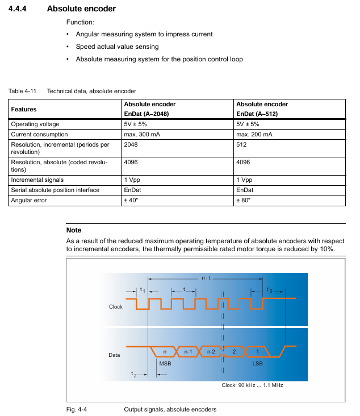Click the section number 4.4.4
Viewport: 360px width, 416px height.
pyautogui.click(x=21, y=9)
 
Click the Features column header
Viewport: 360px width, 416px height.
pyautogui.click(x=24, y=109)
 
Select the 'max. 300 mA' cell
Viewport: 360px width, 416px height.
pyautogui.click(x=142, y=135)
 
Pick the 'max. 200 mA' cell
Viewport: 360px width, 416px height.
pyautogui.click(x=254, y=135)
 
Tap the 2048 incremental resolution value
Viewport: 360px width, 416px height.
pyautogui.click(x=131, y=145)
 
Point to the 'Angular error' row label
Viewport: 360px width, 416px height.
pyautogui.click(x=30, y=200)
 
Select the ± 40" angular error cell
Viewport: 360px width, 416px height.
pyautogui.click(x=132, y=200)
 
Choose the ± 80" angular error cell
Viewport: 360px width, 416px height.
pyautogui.click(x=244, y=200)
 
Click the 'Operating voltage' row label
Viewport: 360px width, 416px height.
pyautogui.click(x=35, y=124)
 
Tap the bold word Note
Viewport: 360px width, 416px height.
pyautogui.click(x=74, y=230)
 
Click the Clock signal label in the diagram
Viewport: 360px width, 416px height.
pyautogui.click(x=116, y=307)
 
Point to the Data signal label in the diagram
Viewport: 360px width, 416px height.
pyautogui.click(x=114, y=355)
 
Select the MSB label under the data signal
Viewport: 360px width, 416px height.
pyautogui.click(x=165, y=363)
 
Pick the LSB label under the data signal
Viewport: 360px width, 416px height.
pyautogui.click(x=257, y=363)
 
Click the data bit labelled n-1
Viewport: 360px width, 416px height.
pyautogui.click(x=188, y=352)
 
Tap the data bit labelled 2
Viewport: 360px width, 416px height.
pyautogui.click(x=234, y=352)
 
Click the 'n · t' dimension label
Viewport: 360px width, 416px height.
pyautogui.click(x=206, y=278)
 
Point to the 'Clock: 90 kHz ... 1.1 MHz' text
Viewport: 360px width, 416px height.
pyautogui.click(x=252, y=385)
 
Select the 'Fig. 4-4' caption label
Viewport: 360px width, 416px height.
pyautogui.click(x=77, y=409)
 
